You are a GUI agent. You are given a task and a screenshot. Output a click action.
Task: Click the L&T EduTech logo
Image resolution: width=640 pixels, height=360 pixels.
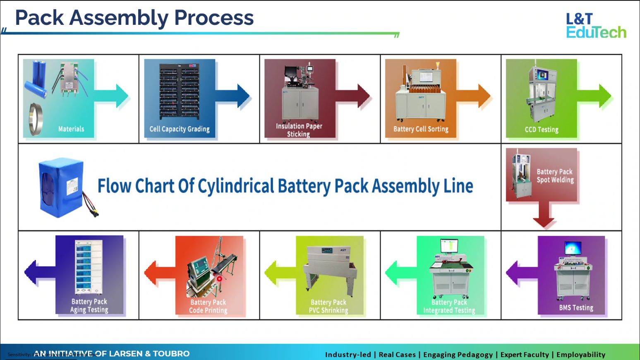click(596, 26)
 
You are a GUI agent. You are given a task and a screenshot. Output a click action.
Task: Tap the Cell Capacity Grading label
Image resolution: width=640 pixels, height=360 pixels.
click(179, 129)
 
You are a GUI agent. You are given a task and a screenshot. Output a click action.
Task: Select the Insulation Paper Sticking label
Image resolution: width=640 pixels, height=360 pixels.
click(299, 130)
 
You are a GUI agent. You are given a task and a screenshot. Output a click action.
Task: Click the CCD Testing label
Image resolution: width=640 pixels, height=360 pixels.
click(541, 130)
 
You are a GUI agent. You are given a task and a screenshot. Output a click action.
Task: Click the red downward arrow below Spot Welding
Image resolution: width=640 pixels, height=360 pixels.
click(544, 215)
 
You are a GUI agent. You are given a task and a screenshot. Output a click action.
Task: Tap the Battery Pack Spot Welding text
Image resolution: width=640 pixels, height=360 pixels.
click(555, 176)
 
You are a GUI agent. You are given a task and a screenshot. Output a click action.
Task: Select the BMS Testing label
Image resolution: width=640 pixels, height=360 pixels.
click(576, 308)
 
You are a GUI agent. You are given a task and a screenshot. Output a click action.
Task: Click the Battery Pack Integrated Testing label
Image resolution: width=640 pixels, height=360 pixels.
click(449, 306)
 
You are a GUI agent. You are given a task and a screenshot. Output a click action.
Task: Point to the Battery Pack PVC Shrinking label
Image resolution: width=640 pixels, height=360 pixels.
click(328, 306)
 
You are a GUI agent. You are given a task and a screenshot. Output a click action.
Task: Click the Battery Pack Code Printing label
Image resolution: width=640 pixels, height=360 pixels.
click(208, 306)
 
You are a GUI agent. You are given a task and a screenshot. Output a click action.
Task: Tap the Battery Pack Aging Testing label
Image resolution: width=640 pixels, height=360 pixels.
click(89, 305)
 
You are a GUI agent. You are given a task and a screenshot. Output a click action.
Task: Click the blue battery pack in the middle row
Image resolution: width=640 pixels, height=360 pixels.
click(62, 187)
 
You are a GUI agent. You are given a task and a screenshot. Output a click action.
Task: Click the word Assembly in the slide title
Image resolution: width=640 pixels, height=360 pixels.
click(119, 18)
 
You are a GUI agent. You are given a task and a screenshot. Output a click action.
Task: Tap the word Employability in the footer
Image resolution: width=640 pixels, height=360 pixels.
click(580, 355)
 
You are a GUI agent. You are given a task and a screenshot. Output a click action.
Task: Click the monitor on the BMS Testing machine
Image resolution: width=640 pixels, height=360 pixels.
click(573, 248)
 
